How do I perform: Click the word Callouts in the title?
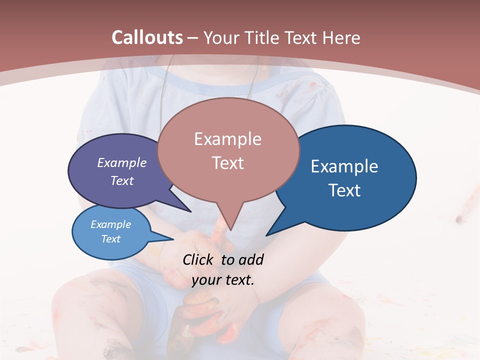coord(147,37)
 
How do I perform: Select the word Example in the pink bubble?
coord(227,139)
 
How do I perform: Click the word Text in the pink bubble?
coord(227,163)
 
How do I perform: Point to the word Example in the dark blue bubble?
coord(344,166)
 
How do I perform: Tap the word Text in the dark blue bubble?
coord(344,190)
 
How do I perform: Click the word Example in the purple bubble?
coord(122,163)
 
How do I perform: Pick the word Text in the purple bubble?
coord(122,180)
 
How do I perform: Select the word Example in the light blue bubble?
coord(111,224)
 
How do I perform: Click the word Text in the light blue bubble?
coord(111,239)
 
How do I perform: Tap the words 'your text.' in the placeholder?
coord(223,280)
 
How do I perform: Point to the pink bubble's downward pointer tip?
coord(230,230)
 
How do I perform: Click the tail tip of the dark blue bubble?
coord(266,235)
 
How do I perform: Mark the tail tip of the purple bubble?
coord(191,211)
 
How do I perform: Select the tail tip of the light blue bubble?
coord(173,239)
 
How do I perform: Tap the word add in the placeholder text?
coord(250,259)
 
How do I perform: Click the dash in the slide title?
coord(193,37)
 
